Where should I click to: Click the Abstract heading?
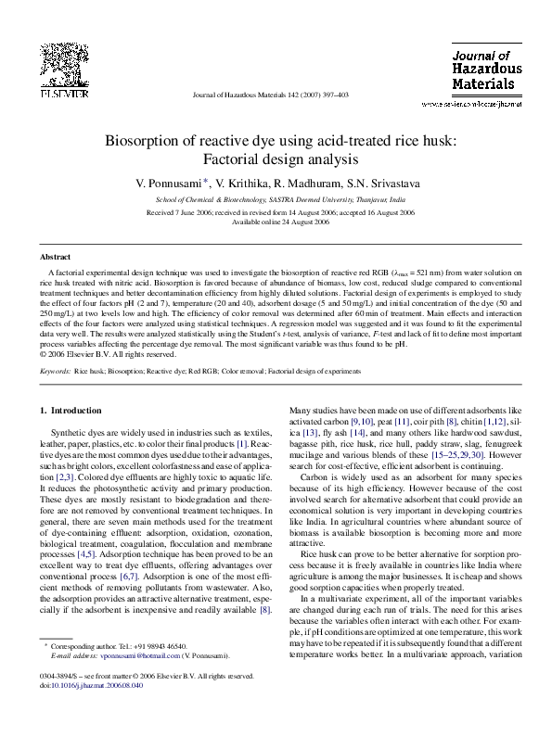click(x=57, y=256)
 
